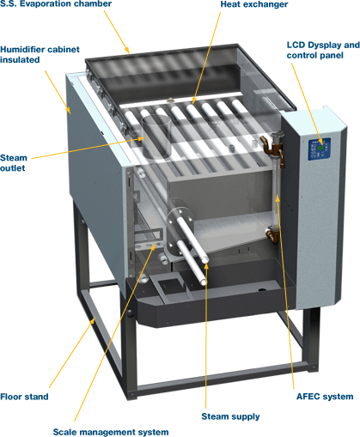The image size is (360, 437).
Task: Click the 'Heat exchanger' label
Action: [253, 4]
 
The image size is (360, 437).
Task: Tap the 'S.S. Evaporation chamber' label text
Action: [56, 4]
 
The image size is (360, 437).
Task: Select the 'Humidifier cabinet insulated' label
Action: [40, 54]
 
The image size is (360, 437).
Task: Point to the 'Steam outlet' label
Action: [14, 162]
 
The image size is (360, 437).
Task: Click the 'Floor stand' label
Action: [24, 397]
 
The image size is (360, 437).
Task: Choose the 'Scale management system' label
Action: [111, 432]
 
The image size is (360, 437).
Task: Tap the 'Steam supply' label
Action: [230, 416]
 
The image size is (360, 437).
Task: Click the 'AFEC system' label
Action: [325, 397]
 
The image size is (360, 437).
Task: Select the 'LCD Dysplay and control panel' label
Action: [323, 50]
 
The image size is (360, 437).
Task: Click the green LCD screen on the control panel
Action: [320, 148]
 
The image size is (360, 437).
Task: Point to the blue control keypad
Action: [320, 149]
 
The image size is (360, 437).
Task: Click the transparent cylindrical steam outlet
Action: [156, 137]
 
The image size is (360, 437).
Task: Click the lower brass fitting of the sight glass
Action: [272, 234]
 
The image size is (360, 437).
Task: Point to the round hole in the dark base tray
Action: [262, 290]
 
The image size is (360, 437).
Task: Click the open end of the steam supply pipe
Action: [204, 260]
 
